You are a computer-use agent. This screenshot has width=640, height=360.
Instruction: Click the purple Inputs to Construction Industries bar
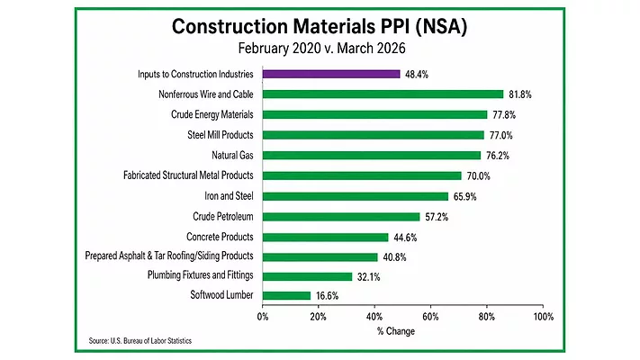[331, 74]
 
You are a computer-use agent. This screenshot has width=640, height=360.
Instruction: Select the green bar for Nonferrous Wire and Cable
[383, 94]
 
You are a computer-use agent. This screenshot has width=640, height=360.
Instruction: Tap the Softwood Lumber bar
[286, 295]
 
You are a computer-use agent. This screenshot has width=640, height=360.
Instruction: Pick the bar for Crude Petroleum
[341, 216]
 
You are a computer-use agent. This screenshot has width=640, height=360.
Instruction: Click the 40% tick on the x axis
[374, 316]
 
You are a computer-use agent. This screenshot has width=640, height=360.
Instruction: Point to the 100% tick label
[543, 316]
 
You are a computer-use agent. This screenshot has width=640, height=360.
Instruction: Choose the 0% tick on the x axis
[263, 316]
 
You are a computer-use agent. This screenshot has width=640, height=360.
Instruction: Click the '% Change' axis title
[402, 330]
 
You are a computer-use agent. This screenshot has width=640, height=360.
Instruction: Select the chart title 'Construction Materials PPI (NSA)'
[320, 27]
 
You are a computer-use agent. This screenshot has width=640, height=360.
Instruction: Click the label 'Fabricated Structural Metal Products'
[188, 175]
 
